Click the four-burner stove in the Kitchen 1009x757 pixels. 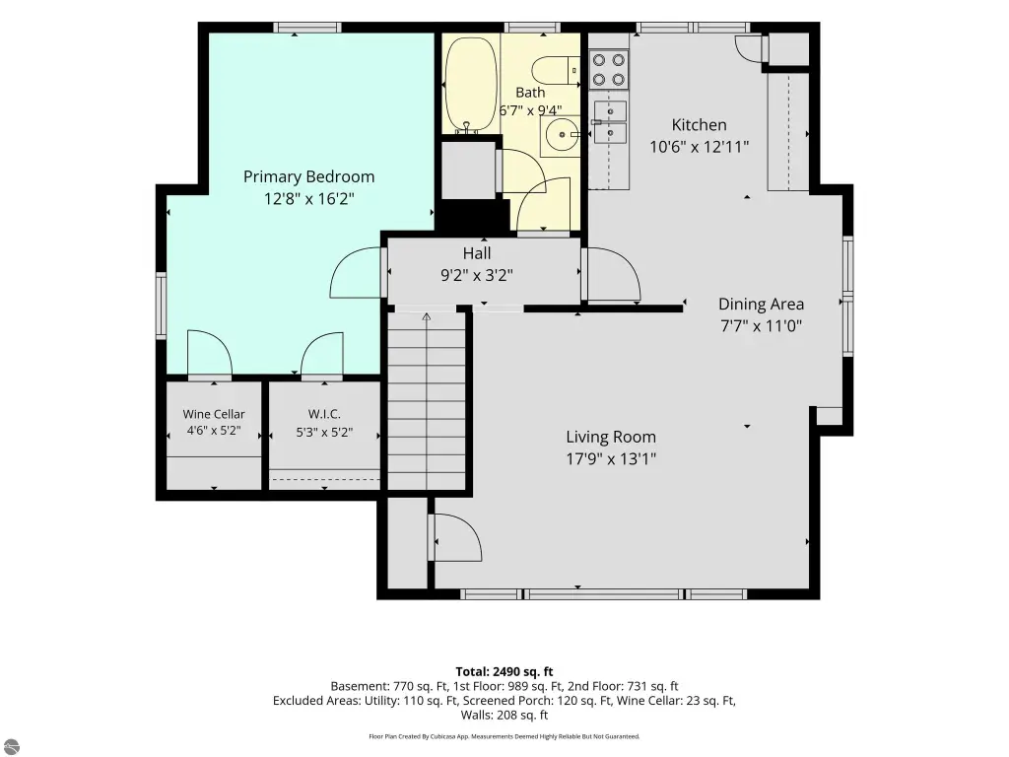pos(609,70)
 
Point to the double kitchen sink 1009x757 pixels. pos(609,121)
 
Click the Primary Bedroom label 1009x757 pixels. pos(308,177)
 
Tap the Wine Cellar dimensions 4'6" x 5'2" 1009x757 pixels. pos(214,431)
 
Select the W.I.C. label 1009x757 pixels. pos(324,414)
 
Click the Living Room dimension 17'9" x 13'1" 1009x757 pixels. pos(611,459)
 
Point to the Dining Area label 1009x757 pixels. pos(762,304)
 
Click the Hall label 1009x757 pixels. pos(477,253)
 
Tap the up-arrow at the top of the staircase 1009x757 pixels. pos(426,316)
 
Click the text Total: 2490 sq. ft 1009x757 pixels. pos(504,672)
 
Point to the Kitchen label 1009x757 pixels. pos(700,125)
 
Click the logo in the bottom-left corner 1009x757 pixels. pos(10,746)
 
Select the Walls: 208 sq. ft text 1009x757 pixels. pos(504,715)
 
